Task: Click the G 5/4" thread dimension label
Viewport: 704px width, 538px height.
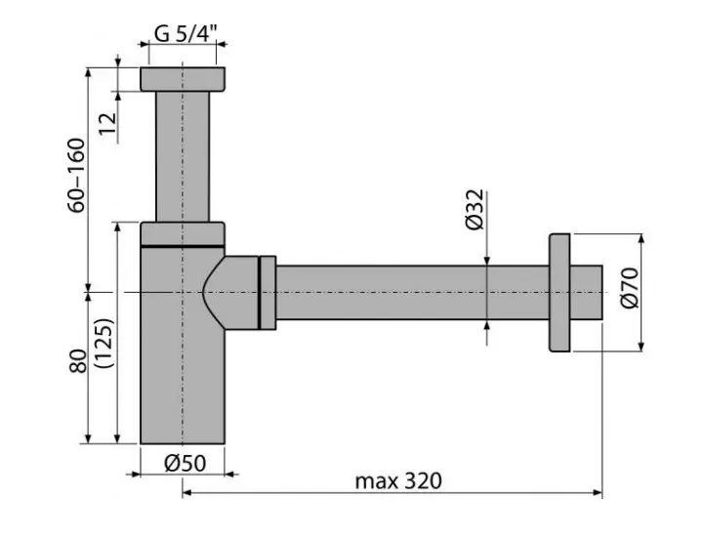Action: pos(186,33)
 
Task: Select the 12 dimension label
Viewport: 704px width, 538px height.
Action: pos(107,123)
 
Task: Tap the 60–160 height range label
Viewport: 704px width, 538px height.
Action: pos(76,175)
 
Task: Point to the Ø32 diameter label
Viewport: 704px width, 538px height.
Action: pos(475,210)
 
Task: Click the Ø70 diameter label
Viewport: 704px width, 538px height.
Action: pos(630,288)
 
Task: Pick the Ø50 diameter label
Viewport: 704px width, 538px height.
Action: pos(185,463)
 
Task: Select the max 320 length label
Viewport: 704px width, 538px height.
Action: pos(398,481)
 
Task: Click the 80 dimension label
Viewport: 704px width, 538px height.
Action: pos(78,361)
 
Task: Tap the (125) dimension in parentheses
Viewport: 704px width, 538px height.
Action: pos(105,343)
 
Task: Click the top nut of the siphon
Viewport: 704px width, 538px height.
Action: pos(183,79)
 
